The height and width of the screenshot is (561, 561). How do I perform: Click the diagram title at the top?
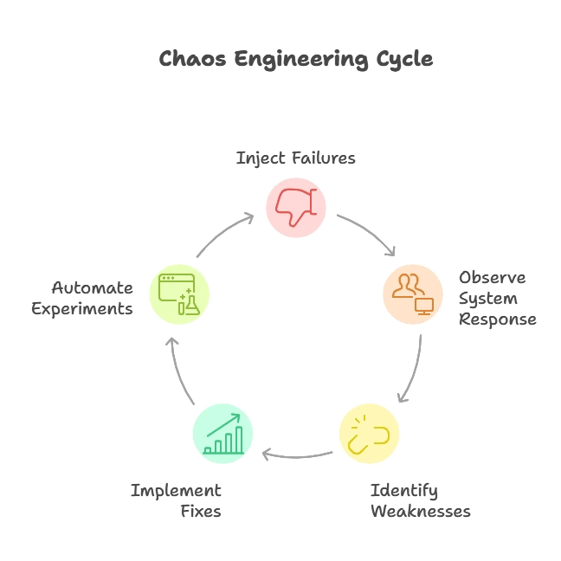pos(297,60)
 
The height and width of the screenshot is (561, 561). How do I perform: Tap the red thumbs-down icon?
pos(295,207)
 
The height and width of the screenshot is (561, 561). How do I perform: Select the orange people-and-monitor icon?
pos(412,293)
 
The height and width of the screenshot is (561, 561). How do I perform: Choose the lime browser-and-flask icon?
pos(179,293)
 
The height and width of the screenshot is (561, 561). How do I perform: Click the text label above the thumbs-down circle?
pos(297,158)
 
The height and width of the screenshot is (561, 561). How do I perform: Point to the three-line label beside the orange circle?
pos(497,297)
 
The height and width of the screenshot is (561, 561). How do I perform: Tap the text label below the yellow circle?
pos(418,500)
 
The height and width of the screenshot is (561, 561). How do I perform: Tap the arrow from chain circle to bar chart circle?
pos(294,453)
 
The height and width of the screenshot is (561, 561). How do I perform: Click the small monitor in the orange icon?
pos(423,305)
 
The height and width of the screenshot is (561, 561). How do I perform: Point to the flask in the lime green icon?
pos(190,304)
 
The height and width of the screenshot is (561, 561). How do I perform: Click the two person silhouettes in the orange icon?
pos(406,285)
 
